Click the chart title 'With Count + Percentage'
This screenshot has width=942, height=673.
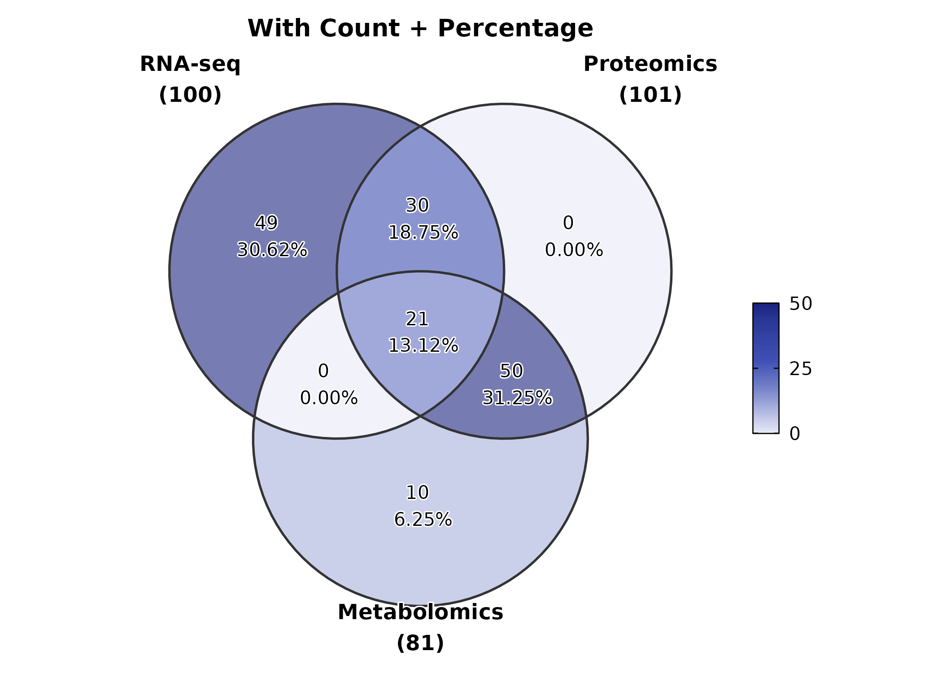pyautogui.click(x=420, y=28)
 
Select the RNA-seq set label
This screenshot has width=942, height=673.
pyautogui.click(x=190, y=64)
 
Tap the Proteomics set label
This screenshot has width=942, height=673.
pyautogui.click(x=650, y=64)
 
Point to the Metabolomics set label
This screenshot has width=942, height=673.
pyautogui.click(x=420, y=612)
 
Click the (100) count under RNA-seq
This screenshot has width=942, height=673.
pyautogui.click(x=190, y=95)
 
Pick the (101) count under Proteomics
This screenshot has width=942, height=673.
pyautogui.click(x=650, y=95)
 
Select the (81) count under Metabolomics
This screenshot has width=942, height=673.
pyautogui.click(x=420, y=643)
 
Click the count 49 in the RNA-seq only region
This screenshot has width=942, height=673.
pyautogui.click(x=266, y=223)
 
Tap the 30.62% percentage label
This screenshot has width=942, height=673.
pyautogui.click(x=272, y=250)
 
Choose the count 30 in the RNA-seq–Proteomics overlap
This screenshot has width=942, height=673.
pyautogui.click(x=417, y=205)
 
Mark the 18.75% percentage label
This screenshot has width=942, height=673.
pyautogui.click(x=423, y=233)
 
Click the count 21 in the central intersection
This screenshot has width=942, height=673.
pyautogui.click(x=417, y=319)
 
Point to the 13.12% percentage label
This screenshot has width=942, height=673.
pyautogui.click(x=423, y=346)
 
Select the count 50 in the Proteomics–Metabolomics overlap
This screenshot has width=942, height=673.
pyautogui.click(x=511, y=371)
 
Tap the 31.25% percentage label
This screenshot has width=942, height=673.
pyautogui.click(x=517, y=398)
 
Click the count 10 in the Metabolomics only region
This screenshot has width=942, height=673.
pyautogui.click(x=417, y=493)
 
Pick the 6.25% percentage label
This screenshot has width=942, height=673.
pyautogui.click(x=423, y=520)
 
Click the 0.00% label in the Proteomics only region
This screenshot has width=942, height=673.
pyautogui.click(x=574, y=250)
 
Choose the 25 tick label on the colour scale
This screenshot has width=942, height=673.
pyautogui.click(x=801, y=369)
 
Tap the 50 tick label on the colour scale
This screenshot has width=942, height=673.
pyautogui.click(x=801, y=304)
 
